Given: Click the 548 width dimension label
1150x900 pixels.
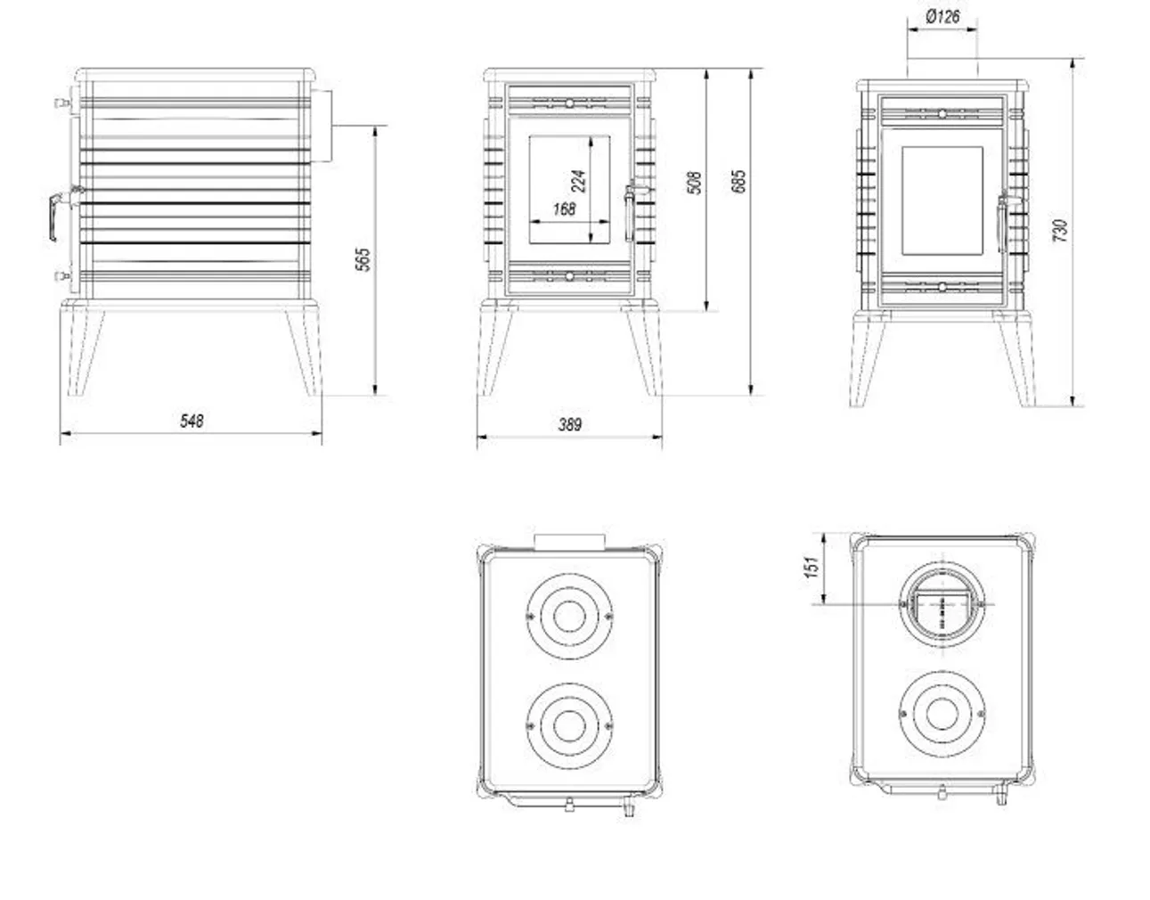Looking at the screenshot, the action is [192, 420].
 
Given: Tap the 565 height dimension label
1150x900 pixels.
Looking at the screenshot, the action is [363, 259].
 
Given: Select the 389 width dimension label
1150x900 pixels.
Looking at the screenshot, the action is [569, 424].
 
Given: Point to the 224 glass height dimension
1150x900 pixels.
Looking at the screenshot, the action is [578, 181].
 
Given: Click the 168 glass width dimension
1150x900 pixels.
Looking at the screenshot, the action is [564, 209].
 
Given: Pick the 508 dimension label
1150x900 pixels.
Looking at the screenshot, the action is [696, 183].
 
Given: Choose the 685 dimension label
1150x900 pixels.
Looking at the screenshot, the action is [738, 181].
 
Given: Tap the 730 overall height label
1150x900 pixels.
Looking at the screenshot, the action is [1059, 231].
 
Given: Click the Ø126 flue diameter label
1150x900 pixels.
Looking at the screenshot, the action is [942, 16].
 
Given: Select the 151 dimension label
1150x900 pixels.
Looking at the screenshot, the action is [811, 567].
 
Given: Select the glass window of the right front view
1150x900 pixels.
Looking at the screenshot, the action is [942, 199].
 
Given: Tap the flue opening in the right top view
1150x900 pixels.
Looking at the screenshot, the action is [943, 603].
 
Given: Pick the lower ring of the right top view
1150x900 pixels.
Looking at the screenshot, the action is [943, 714].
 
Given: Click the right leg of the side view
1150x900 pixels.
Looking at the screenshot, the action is [301, 350].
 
